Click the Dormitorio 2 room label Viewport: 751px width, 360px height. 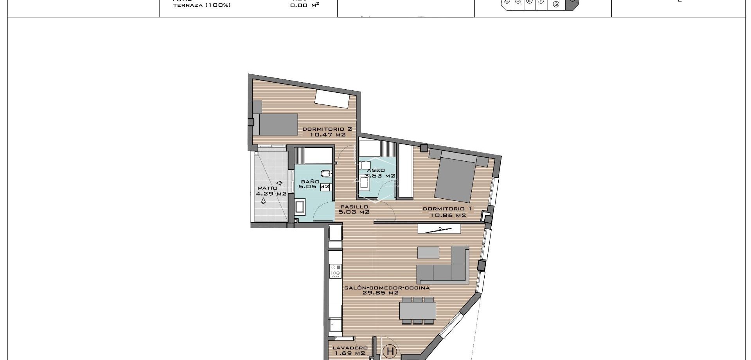327,129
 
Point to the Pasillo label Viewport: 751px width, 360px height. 354,207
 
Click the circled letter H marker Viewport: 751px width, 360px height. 390,351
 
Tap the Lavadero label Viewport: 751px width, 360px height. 350,347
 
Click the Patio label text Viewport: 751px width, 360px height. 268,188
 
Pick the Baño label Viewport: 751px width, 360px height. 310,182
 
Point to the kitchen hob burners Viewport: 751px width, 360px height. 336,270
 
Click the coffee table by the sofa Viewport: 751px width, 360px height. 428,252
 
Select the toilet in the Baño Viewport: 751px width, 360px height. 326,173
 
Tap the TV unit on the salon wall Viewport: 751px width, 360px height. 440,229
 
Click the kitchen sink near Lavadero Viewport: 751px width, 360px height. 335,324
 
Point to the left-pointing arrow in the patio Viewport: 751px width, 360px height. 279,183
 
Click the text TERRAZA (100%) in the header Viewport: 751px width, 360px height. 202,5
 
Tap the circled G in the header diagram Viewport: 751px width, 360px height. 556,4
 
